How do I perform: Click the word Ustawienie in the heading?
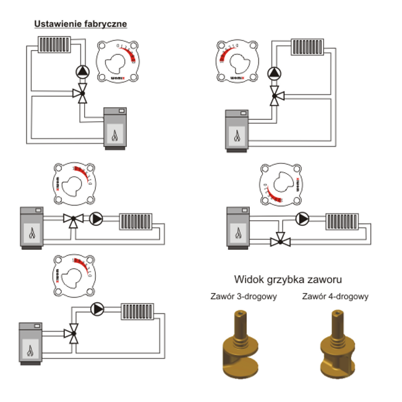pyautogui.click(x=56, y=24)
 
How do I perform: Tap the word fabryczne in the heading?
pyautogui.click(x=103, y=24)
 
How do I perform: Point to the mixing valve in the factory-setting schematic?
pyautogui.click(x=81, y=94)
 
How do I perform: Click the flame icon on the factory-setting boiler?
pyautogui.click(x=114, y=135)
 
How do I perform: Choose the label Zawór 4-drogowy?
pyautogui.click(x=335, y=296)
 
